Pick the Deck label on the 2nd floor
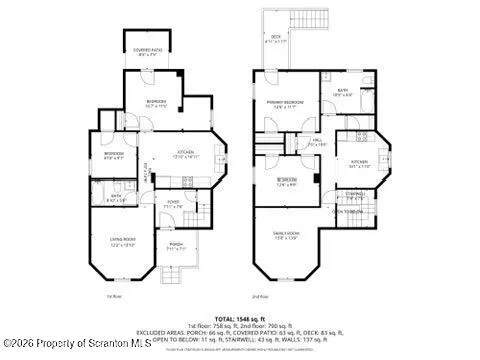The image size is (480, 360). pos(275,39)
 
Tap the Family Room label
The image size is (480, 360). pos(290,236)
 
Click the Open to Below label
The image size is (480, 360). pos(348,211)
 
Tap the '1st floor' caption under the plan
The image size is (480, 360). pos(114,297)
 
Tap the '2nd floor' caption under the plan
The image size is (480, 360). pos(260,297)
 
